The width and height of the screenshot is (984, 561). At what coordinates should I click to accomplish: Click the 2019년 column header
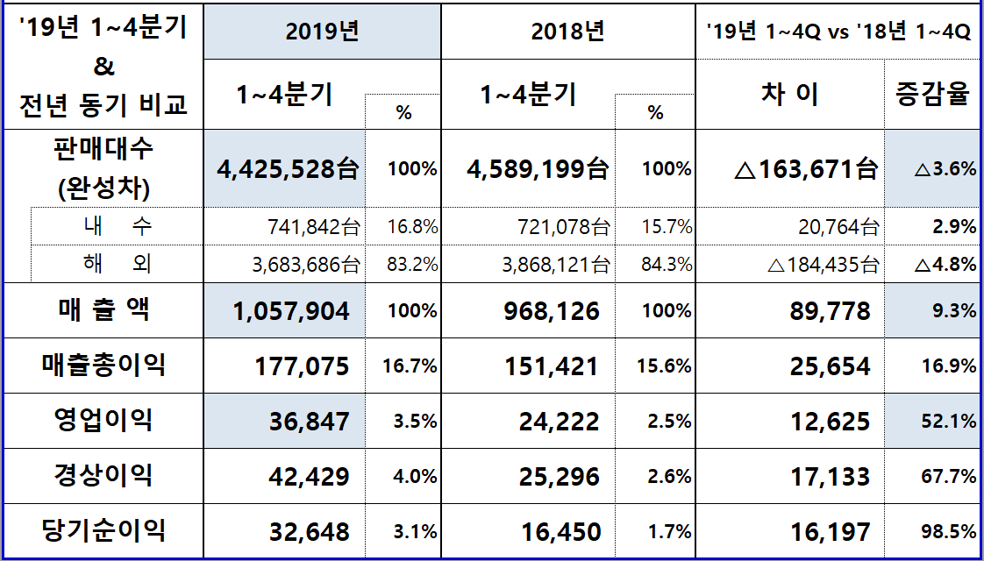pyautogui.click(x=322, y=32)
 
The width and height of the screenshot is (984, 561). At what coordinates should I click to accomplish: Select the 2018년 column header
pyautogui.click(x=567, y=32)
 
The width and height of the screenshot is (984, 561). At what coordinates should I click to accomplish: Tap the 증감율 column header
pyautogui.click(x=932, y=94)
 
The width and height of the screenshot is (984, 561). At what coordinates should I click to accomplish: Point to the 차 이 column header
pyautogui.click(x=789, y=94)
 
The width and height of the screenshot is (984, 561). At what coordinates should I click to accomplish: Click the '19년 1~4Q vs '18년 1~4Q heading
pyautogui.click(x=838, y=32)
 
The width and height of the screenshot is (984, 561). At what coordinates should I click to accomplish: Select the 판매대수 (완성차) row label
pyautogui.click(x=103, y=168)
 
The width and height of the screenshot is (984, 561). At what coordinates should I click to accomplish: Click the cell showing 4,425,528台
pyautogui.click(x=288, y=169)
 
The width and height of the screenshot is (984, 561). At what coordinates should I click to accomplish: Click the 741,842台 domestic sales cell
pyautogui.click(x=313, y=228)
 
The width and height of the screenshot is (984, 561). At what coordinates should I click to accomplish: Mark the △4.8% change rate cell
pyautogui.click(x=945, y=264)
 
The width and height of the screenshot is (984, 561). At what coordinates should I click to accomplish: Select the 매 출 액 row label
pyautogui.click(x=103, y=309)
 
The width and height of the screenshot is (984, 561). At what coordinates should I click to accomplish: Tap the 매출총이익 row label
pyautogui.click(x=103, y=365)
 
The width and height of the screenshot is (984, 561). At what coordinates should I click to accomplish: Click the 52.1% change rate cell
pyautogui.click(x=949, y=422)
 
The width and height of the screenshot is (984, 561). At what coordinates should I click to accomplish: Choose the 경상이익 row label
pyautogui.click(x=103, y=475)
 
